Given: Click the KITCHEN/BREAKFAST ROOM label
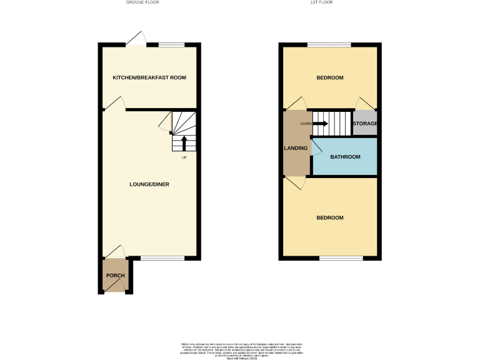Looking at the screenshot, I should (149, 77).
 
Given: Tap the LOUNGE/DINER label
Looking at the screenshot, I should (149, 184).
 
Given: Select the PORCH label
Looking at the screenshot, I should (115, 276).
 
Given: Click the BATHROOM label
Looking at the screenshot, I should (345, 157).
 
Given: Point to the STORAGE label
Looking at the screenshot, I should (365, 124).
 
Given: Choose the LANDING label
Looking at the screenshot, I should (296, 148).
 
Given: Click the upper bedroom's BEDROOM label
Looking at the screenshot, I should (329, 77).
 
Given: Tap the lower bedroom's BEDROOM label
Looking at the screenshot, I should (329, 217).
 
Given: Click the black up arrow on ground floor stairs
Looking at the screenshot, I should (184, 142).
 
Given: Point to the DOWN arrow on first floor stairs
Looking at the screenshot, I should (319, 123).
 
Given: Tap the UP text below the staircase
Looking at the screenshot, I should (184, 157).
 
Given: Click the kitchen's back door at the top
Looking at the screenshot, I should (136, 40).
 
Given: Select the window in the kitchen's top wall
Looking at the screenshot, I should (171, 44).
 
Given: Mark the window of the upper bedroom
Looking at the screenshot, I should (329, 44).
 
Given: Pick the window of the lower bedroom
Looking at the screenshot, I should (341, 257).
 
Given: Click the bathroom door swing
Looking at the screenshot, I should (316, 147).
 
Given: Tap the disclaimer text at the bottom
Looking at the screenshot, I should (241, 349).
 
